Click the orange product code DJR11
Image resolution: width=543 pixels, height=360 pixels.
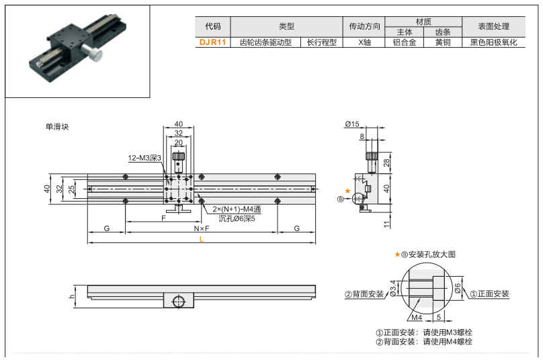click(212, 42)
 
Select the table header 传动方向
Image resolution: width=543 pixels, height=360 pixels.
click(365, 26)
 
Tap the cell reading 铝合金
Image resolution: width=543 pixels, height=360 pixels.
click(405, 42)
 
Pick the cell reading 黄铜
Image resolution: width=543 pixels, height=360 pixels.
click(442, 42)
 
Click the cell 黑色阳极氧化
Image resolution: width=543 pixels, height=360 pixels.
click(494, 42)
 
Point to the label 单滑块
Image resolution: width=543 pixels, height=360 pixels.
click(57, 126)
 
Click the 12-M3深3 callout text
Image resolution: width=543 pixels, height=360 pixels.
click(144, 159)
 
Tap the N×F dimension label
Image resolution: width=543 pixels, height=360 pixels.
click(202, 229)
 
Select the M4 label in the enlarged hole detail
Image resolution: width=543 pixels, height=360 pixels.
click(416, 317)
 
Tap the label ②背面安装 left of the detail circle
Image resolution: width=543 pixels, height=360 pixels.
click(364, 294)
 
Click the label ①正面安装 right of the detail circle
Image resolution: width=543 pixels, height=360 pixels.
click(490, 294)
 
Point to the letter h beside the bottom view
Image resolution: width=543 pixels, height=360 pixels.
click(71, 296)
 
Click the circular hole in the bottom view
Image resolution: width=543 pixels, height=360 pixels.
click(178, 302)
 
